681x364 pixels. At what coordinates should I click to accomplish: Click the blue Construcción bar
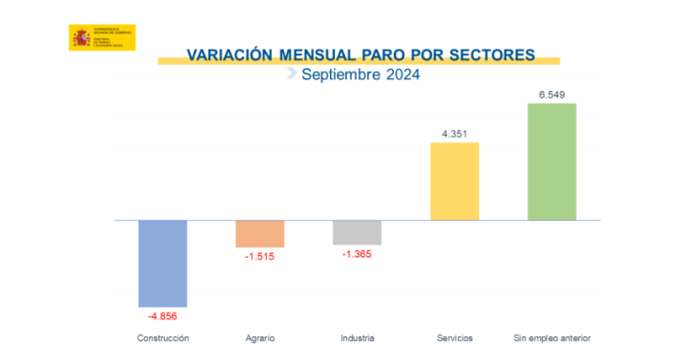tap(163, 263)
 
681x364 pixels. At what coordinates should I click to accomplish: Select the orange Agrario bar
tap(260, 234)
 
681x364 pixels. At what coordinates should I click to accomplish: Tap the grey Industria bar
tap(357, 232)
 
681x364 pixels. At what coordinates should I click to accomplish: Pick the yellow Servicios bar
tap(454, 182)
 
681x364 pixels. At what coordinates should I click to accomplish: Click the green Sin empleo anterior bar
tap(551, 161)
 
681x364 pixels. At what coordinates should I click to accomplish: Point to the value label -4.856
tap(163, 315)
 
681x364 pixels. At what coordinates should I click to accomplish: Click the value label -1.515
tap(260, 257)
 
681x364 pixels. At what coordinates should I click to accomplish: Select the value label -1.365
tap(357, 255)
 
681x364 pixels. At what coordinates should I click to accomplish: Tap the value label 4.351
tap(454, 134)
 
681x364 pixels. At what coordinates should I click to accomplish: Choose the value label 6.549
tap(551, 95)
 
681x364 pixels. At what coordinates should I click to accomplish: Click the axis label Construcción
tap(163, 338)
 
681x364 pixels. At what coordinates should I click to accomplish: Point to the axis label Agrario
tap(260, 338)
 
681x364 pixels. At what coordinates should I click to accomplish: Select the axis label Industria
tap(357, 338)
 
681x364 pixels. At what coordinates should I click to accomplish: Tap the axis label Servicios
tap(454, 338)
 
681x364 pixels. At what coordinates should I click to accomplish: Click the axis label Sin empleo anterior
tap(551, 338)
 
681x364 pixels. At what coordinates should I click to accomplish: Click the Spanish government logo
tap(102, 38)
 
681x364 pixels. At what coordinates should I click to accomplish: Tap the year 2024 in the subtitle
tap(400, 74)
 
